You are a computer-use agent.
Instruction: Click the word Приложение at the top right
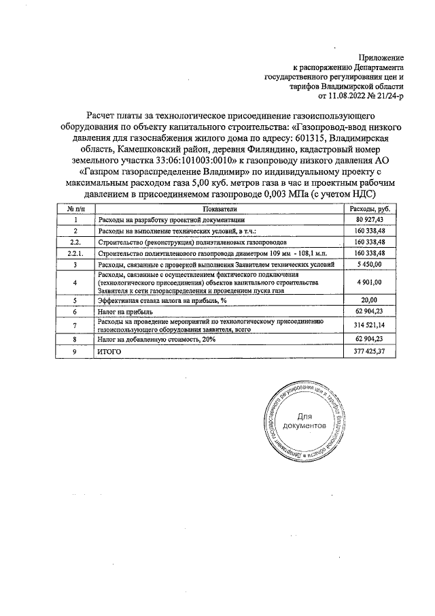pos(382,58)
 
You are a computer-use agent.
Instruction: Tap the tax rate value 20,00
pos(369,299)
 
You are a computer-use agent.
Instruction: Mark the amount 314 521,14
pos(369,325)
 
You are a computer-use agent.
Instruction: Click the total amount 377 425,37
pos(369,351)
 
